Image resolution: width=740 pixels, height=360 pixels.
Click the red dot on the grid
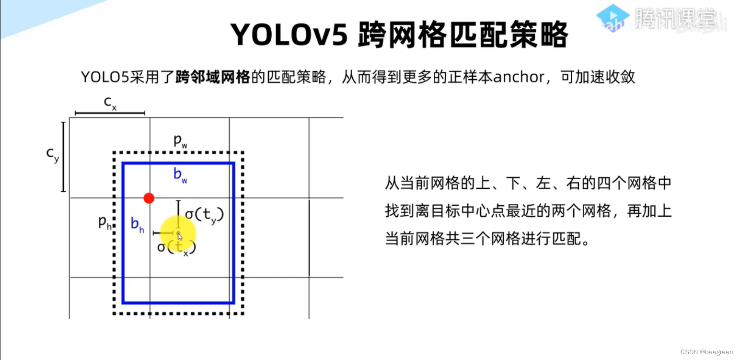[x=149, y=198]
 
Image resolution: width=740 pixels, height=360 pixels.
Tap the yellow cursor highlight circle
[x=178, y=234]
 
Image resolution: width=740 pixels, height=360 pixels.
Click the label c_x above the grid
[x=110, y=103]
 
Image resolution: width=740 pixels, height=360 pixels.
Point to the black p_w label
[x=180, y=140]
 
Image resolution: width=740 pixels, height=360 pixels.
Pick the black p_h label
[x=104, y=222]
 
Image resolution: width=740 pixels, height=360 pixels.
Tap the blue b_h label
[x=137, y=224]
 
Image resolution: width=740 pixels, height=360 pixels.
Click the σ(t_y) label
[x=204, y=215]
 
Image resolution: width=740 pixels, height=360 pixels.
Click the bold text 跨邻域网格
[x=212, y=77]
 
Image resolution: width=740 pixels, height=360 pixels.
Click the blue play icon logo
[x=612, y=18]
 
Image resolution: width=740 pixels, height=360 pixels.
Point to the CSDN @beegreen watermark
[x=706, y=352]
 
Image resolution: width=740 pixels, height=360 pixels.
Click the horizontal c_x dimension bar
[x=110, y=113]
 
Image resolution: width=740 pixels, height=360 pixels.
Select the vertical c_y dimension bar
[x=63, y=157]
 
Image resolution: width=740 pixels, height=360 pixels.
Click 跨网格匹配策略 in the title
[x=462, y=35]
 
